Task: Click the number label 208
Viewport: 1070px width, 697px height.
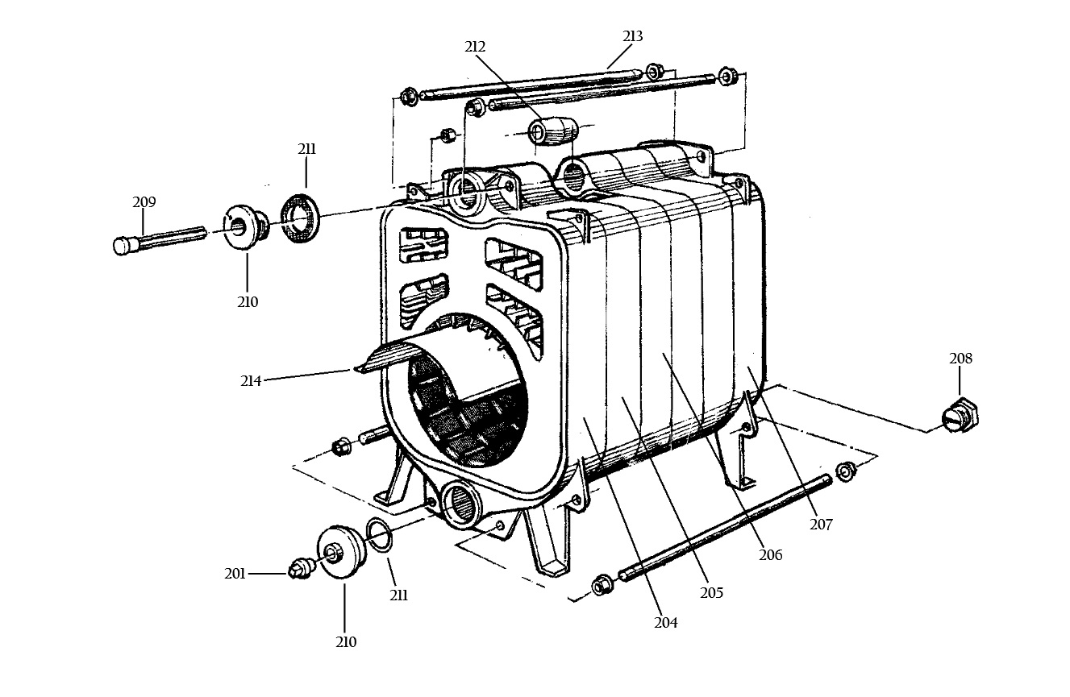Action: (960, 359)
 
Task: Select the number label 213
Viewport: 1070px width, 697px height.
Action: (633, 36)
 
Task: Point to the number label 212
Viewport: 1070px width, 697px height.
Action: (475, 47)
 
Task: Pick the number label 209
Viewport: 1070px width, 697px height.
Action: (144, 202)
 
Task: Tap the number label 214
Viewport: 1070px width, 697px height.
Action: (251, 381)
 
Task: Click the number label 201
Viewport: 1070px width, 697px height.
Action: (235, 574)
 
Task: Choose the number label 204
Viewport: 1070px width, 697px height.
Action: (666, 622)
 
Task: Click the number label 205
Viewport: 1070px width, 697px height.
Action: (712, 593)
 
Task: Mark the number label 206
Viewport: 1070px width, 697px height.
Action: (771, 555)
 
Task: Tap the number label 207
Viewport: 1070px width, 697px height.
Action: (822, 525)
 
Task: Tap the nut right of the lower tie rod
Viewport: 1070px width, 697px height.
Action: (846, 471)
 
